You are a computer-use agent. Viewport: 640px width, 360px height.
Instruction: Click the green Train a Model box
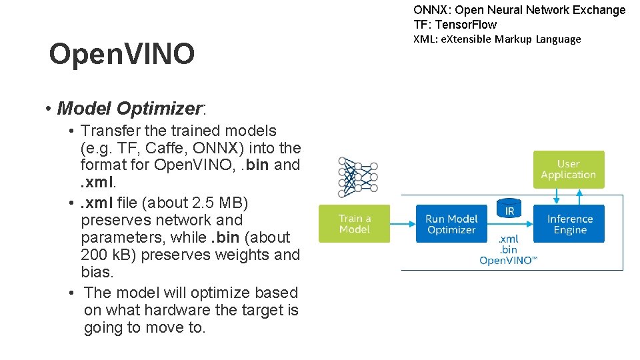(354, 223)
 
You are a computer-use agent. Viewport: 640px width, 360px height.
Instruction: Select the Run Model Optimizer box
(451, 223)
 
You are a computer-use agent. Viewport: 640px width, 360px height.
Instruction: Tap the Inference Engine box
(569, 223)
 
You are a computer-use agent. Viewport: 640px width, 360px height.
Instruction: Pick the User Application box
(568, 169)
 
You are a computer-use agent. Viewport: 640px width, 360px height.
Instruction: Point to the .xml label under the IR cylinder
(508, 239)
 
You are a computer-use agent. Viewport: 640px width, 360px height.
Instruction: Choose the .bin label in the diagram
(508, 250)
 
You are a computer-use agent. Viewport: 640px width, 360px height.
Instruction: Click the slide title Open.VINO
(122, 54)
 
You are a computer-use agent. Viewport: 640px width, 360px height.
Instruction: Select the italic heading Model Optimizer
(129, 108)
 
